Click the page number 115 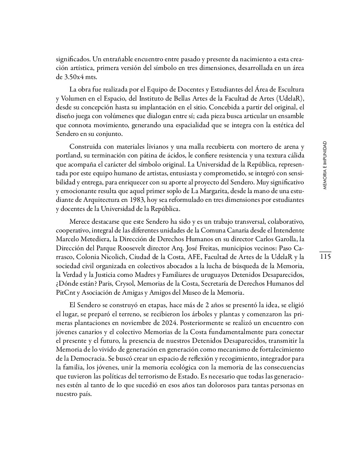coord(325,257)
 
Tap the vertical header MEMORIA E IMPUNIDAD coord(325,165)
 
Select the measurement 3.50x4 coord(75,77)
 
